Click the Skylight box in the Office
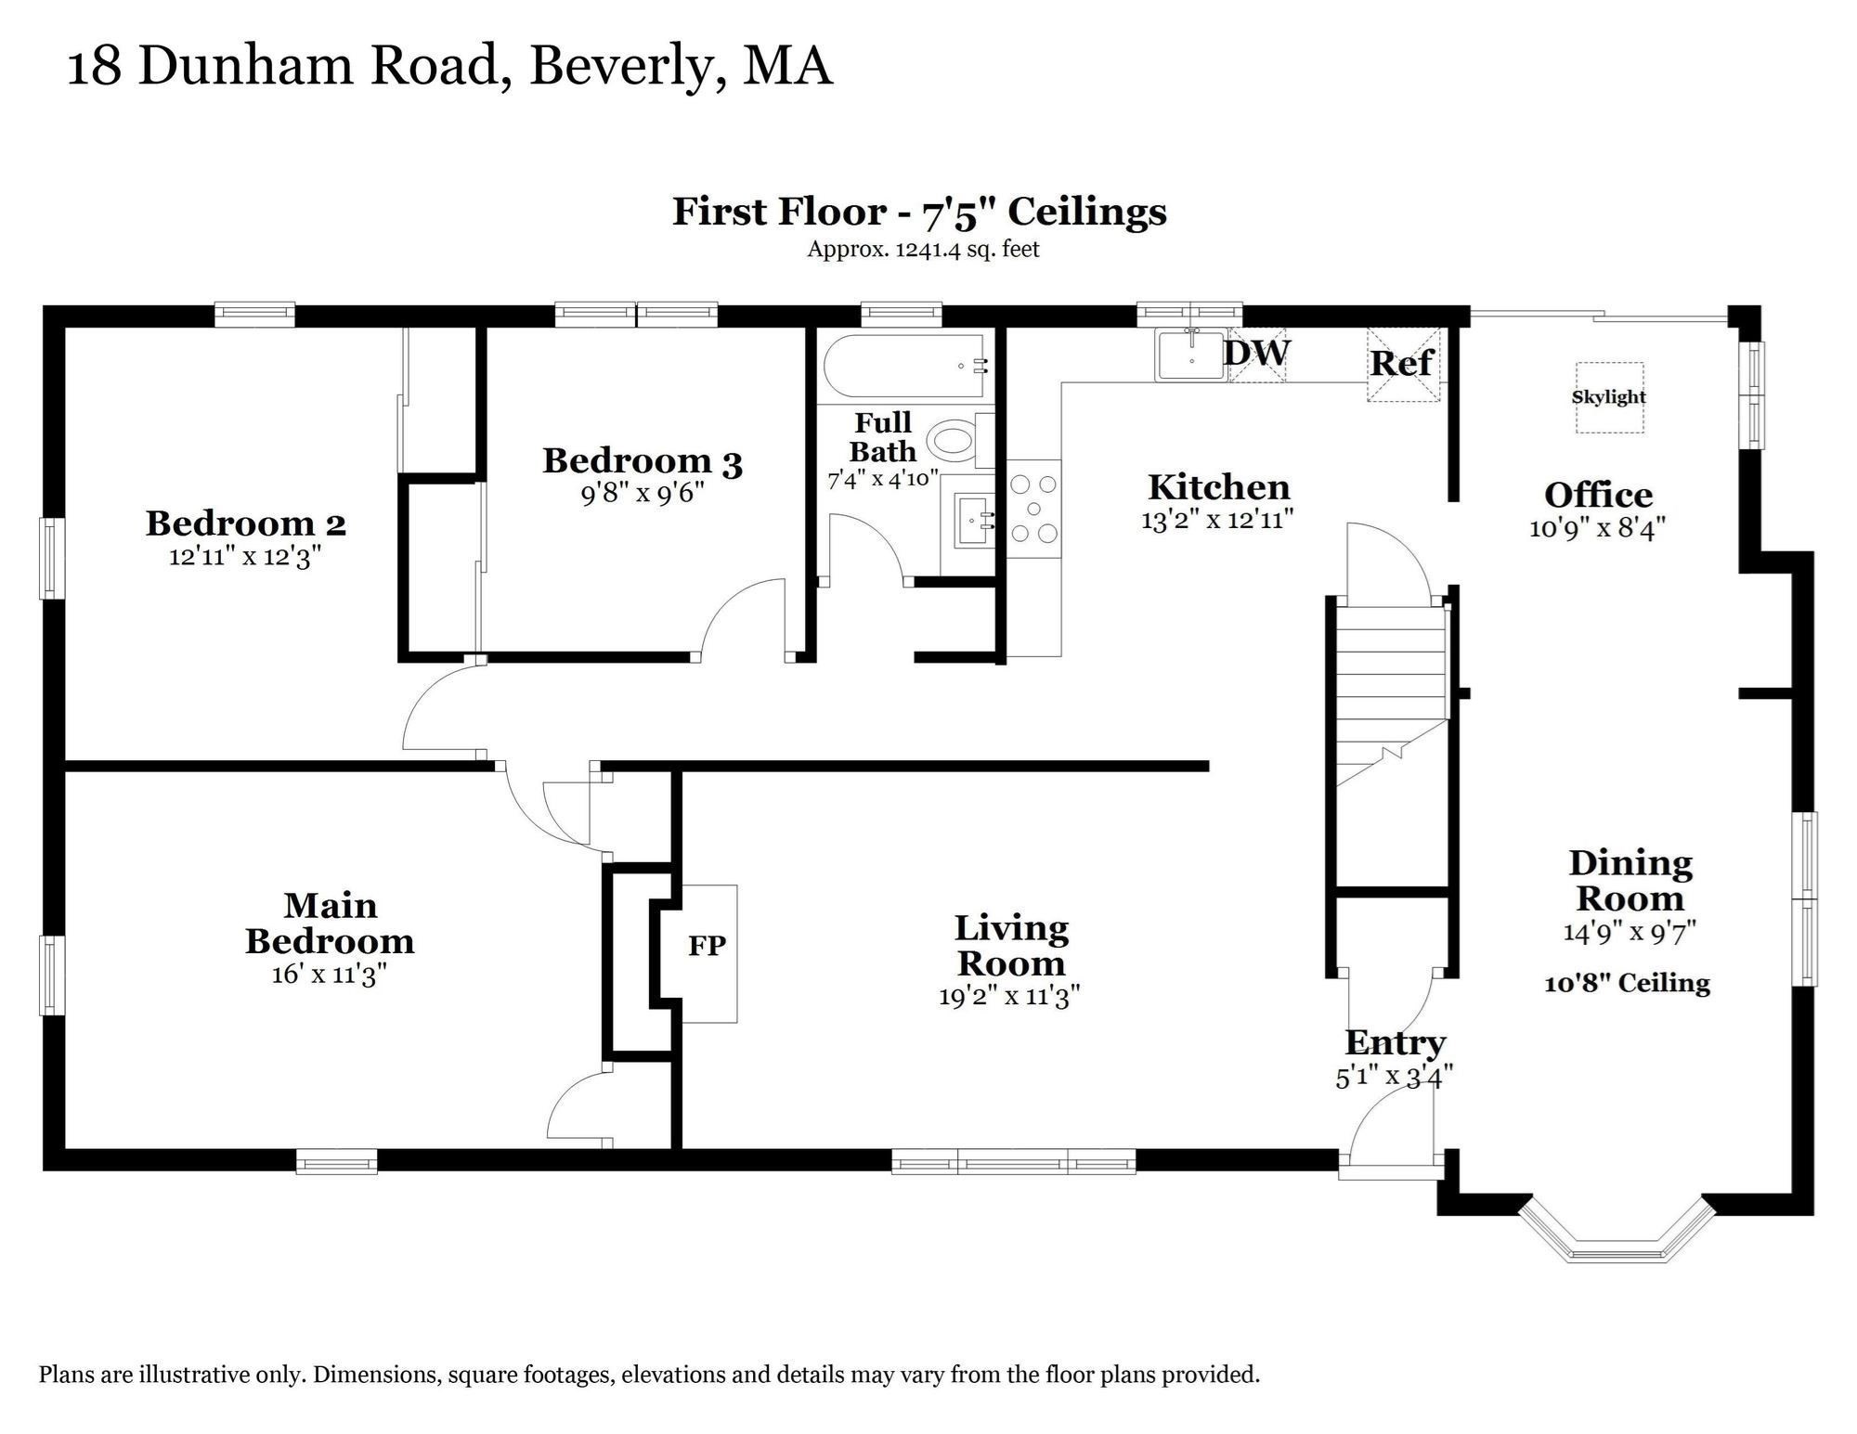point(1609,397)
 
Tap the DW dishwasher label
point(1257,354)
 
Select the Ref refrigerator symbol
point(1403,363)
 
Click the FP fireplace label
point(707,946)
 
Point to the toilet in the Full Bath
point(954,441)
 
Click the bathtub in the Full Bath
point(905,367)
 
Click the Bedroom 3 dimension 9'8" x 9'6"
point(643,493)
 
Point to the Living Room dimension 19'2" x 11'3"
point(1009,996)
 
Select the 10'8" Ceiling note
point(1627,983)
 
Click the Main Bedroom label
point(330,923)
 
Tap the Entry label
point(1395,1042)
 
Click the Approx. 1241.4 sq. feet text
point(923,249)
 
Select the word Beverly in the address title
point(626,67)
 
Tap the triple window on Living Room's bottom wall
point(1013,1162)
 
